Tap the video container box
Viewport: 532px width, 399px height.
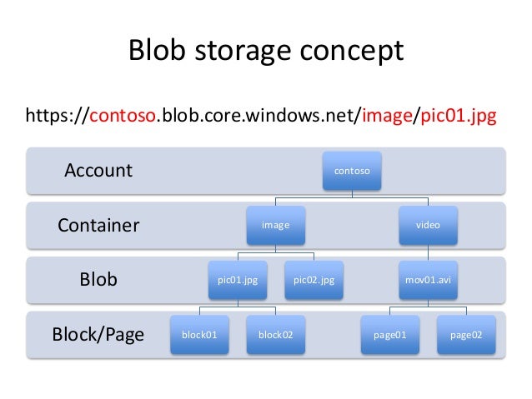coord(429,225)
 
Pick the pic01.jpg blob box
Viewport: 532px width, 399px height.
coord(237,280)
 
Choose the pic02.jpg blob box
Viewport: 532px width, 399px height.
coord(314,280)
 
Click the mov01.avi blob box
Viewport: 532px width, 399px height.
coord(429,280)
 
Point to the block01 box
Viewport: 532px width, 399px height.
coord(198,335)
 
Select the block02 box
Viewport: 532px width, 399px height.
coord(275,335)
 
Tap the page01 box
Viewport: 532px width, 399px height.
coord(389,335)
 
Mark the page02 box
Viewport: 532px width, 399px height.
coord(466,335)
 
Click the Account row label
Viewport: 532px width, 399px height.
coord(98,171)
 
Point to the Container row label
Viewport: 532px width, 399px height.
coord(98,225)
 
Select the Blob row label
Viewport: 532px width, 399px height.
coord(98,280)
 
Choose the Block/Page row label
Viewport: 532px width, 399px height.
coord(98,335)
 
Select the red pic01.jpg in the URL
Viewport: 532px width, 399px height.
coord(457,116)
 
